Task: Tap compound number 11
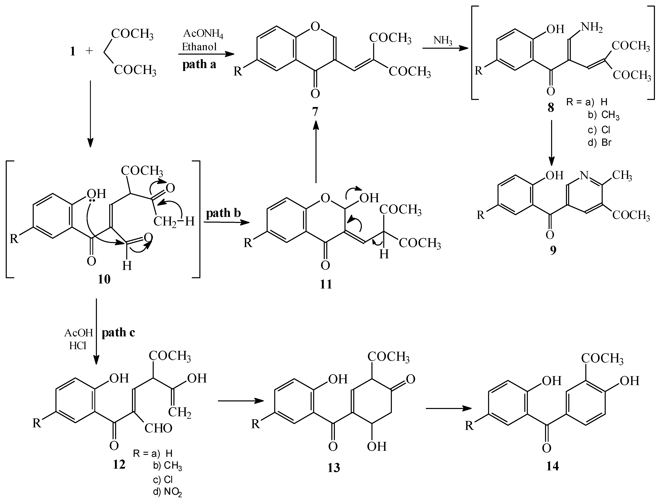tap(326, 284)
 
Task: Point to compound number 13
tap(334, 467)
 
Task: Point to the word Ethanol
tap(199, 47)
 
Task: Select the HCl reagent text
tap(78, 346)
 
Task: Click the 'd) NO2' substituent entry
tap(167, 492)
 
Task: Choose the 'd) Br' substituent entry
tap(599, 142)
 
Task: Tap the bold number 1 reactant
tap(72, 51)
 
